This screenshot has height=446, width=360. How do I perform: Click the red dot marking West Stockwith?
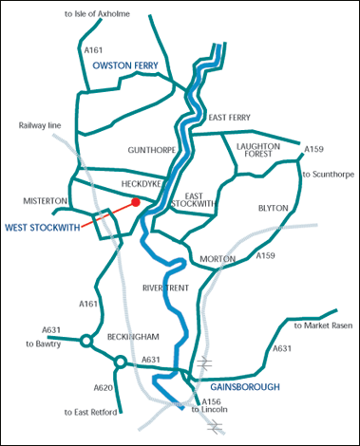137,202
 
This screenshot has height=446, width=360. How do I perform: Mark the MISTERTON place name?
45,201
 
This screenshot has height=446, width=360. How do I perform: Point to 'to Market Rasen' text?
323,325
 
